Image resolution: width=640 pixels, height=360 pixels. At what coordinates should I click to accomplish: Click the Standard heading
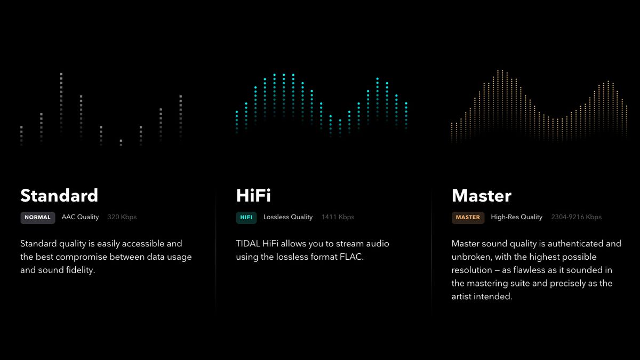pyautogui.click(x=59, y=196)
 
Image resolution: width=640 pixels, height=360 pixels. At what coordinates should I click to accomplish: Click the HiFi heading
pyautogui.click(x=253, y=196)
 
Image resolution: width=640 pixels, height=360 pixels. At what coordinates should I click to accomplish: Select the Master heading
pyautogui.click(x=481, y=196)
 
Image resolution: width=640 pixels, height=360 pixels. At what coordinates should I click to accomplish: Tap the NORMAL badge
pyautogui.click(x=37, y=218)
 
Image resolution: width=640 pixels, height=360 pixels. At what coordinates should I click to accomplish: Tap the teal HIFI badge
pyautogui.click(x=246, y=218)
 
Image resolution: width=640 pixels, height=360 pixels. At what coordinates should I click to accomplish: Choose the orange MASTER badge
pyautogui.click(x=468, y=218)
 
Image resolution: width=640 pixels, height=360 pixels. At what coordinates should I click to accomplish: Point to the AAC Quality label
pyautogui.click(x=80, y=217)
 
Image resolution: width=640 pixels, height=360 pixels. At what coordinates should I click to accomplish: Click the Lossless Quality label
pyautogui.click(x=288, y=217)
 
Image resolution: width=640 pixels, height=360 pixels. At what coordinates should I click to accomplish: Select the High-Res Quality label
pyautogui.click(x=516, y=217)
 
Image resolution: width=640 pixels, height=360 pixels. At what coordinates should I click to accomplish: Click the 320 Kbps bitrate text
pyautogui.click(x=122, y=217)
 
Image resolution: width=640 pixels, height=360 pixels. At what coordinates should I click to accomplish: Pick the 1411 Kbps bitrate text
pyautogui.click(x=338, y=217)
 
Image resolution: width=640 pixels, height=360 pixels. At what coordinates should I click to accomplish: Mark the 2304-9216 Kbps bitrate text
pyautogui.click(x=576, y=217)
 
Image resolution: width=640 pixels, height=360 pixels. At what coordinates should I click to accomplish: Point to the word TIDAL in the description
pyautogui.click(x=247, y=244)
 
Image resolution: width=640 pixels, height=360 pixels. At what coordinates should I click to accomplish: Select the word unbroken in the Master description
pyautogui.click(x=469, y=257)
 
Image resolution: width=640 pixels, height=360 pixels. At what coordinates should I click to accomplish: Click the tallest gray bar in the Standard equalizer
pyautogui.click(x=61, y=101)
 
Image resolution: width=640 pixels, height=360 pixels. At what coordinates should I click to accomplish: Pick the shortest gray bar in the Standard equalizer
pyautogui.click(x=121, y=142)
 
